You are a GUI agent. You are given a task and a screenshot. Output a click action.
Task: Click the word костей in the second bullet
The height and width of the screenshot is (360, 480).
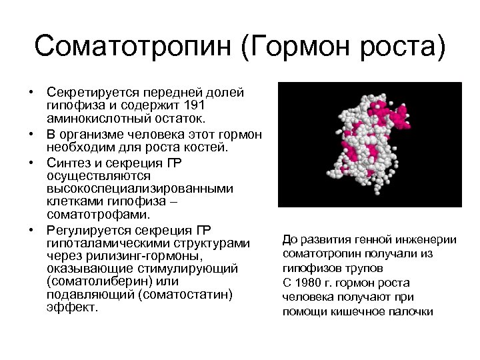click(x=207, y=146)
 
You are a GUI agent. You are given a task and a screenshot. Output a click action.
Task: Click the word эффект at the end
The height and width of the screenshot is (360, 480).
click(x=71, y=307)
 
